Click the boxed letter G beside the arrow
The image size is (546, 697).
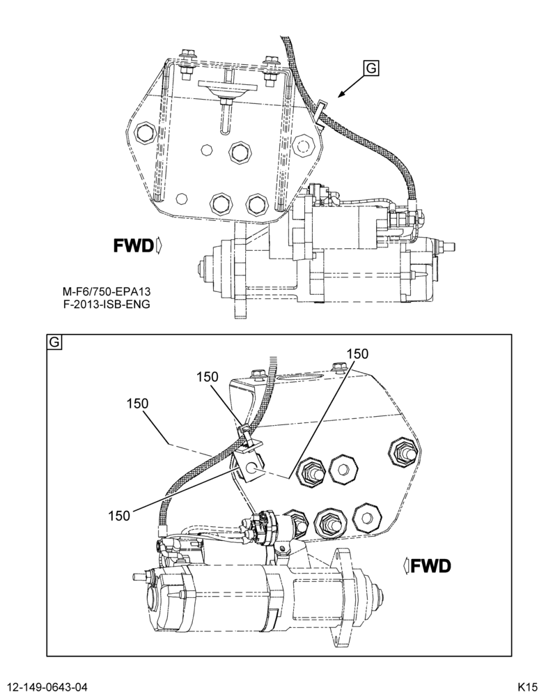point(371,68)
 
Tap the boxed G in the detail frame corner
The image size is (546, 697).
point(54,342)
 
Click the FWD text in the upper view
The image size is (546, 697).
point(133,245)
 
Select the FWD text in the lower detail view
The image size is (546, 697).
point(430,566)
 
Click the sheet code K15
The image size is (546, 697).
point(527,687)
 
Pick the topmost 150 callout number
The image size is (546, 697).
point(357,354)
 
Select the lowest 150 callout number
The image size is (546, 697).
point(119,516)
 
